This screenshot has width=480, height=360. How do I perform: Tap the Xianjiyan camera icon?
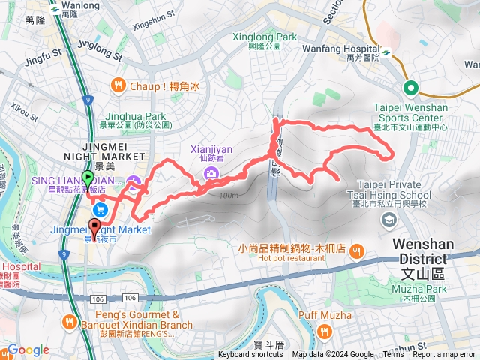coord(211,174)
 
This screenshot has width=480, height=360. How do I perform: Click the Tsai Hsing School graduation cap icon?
coord(389,220)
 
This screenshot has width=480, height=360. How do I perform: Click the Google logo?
coord(28,350)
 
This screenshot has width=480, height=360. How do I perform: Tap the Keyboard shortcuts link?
coord(250,355)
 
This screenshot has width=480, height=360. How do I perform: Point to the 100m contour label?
coord(228,196)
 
